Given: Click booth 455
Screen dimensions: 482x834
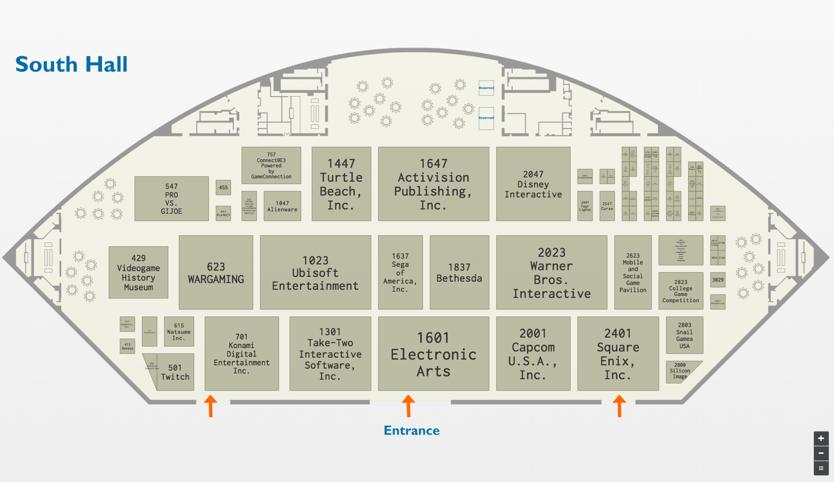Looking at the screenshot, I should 223,187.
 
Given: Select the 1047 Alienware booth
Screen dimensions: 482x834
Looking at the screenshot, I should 282,206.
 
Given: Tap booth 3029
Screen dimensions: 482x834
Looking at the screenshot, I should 717,280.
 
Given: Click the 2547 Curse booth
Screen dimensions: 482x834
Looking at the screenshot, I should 607,206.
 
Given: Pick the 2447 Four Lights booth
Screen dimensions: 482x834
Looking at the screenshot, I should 585,206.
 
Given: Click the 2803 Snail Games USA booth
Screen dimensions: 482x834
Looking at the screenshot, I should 684,335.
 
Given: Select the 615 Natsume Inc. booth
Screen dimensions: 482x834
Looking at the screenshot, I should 179,331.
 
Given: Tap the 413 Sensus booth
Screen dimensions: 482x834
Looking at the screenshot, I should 127,346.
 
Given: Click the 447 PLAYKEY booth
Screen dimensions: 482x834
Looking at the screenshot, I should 223,213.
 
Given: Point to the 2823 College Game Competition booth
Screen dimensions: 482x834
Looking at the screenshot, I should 680,291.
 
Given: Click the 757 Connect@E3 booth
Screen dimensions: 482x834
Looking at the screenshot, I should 271,165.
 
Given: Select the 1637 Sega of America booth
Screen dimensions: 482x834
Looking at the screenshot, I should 400,272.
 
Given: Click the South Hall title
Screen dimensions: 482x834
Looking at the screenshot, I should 72,65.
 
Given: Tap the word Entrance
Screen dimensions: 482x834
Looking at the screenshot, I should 411,430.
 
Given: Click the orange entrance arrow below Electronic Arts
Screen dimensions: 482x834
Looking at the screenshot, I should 408,405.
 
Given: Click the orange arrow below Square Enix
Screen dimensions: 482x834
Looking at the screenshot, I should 619,405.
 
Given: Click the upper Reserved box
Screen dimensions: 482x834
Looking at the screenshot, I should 486,88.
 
